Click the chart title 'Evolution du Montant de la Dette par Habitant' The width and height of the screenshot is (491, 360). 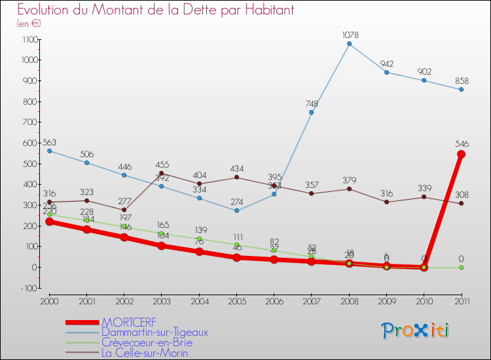tap(155, 10)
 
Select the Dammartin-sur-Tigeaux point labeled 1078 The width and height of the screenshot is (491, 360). tap(349, 44)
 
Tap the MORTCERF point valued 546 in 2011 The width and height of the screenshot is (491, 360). tap(461, 154)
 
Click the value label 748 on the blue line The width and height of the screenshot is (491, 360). tap(312, 103)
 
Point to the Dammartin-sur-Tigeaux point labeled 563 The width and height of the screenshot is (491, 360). tap(49, 151)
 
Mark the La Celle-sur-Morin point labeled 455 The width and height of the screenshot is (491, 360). tap(162, 173)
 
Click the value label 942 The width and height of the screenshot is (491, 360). tap(386, 63)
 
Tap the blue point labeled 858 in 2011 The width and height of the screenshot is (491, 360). tap(461, 90)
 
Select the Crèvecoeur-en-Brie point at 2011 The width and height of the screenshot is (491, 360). tap(461, 267)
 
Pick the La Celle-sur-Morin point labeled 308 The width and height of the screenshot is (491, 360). tap(461, 204)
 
